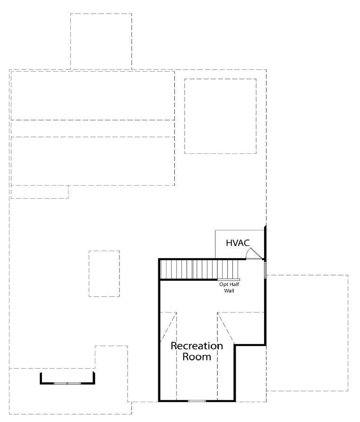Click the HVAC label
coord(238,243)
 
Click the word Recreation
coord(197,346)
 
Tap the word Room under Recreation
coord(197,357)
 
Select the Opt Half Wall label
coord(229,287)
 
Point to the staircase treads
coord(199,269)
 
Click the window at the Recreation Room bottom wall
coord(197,401)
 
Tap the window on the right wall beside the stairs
coord(266,270)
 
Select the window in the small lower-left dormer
coord(68,383)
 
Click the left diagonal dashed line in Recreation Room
coord(168,327)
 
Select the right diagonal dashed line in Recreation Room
coord(226,329)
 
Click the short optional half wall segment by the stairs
coord(229,279)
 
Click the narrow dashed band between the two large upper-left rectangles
coord(93,129)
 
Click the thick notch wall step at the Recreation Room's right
coord(250,345)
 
